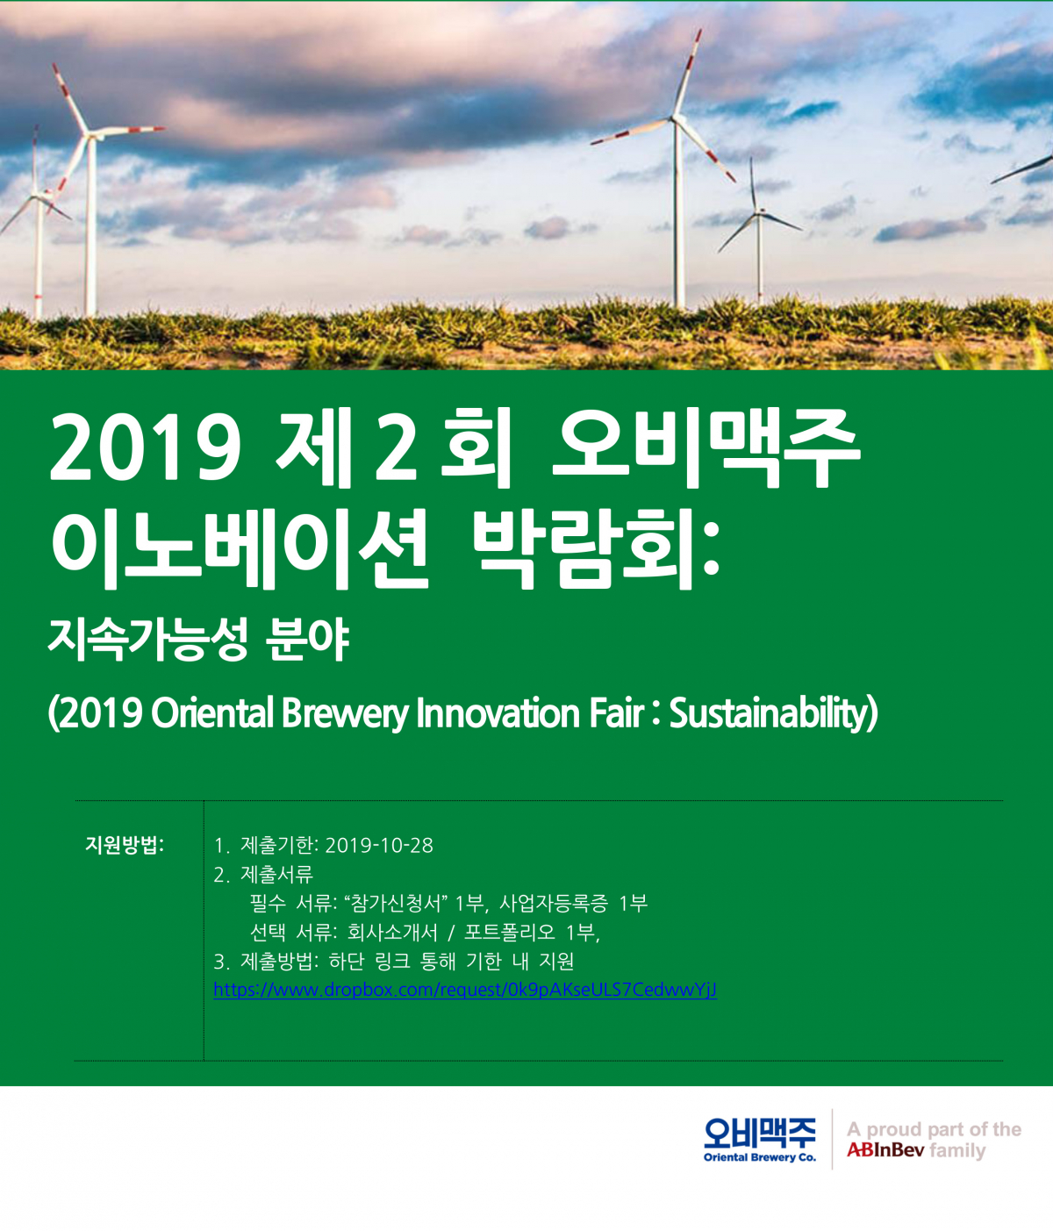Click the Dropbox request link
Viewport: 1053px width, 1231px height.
tap(465, 990)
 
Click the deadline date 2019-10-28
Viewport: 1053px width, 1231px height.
tap(379, 845)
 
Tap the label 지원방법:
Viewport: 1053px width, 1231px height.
tap(125, 845)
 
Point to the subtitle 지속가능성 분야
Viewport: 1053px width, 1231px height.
tap(199, 639)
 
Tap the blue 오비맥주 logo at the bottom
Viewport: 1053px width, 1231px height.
tap(759, 1131)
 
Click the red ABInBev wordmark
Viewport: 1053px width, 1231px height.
tap(885, 1150)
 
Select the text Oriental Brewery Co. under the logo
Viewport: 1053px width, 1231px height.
tap(759, 1157)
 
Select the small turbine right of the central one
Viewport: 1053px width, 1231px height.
tap(758, 212)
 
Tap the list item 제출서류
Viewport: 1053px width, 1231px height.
tap(276, 874)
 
